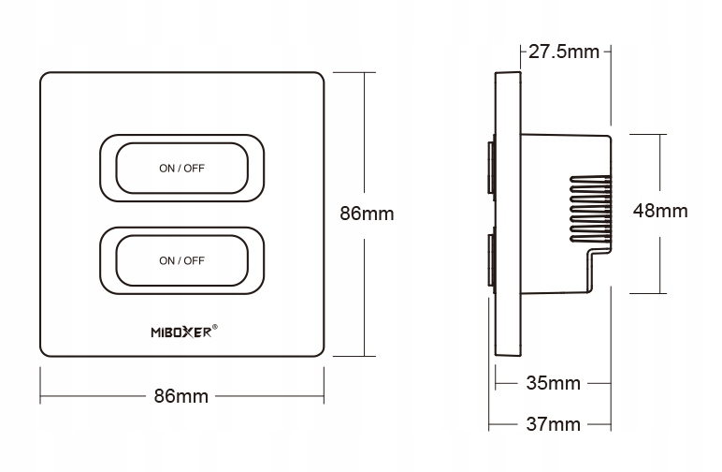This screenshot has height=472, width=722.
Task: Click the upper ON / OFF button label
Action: [181, 169]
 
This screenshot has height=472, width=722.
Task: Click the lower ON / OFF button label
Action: [181, 260]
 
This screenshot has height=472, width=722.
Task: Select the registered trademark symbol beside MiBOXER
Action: [216, 327]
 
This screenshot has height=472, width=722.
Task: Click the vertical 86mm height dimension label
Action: [366, 214]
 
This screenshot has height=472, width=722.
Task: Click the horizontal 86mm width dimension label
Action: [180, 396]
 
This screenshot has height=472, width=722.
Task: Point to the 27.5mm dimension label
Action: [563, 52]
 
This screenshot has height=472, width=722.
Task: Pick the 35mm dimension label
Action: [552, 383]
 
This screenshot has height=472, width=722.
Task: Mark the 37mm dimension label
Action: [552, 425]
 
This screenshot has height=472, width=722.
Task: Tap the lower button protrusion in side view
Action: [490, 261]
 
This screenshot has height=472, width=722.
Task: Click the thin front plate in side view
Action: [508, 215]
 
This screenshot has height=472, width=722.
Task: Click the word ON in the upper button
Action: [166, 169]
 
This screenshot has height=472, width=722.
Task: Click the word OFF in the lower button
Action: [194, 260]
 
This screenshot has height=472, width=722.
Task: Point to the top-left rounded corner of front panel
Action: [45, 76]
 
